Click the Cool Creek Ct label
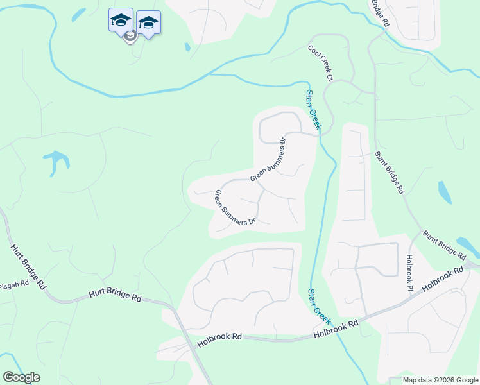tap(321, 64)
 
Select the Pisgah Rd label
tap(14, 284)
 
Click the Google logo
tap(21, 377)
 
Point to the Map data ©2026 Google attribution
tap(440, 380)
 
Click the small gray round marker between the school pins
tap(130, 37)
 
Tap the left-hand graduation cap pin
tap(121, 20)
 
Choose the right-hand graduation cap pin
tap(148, 22)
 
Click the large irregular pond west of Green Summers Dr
tap(55, 161)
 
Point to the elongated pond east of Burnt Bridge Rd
tap(444, 192)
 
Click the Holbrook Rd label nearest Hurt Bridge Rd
tap(219, 336)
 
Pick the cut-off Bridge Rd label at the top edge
tap(380, 12)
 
